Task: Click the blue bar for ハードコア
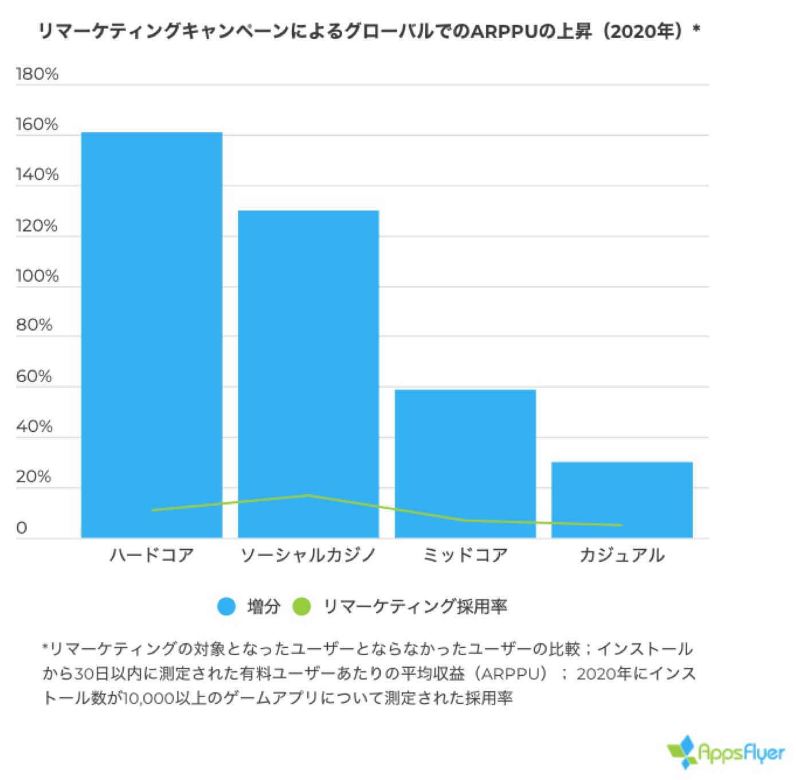[151, 334]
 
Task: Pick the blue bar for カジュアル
[622, 499]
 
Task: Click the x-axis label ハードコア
[151, 555]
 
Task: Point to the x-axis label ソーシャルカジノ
[308, 555]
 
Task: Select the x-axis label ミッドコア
[465, 555]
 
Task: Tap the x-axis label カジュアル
[622, 555]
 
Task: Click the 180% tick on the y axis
[37, 74]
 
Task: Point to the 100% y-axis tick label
[37, 276]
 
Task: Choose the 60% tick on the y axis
[34, 376]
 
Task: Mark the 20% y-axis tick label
[33, 476]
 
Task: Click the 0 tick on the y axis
[22, 527]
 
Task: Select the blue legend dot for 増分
[226, 606]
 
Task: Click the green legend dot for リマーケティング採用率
[301, 606]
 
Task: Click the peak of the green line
[308, 495]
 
